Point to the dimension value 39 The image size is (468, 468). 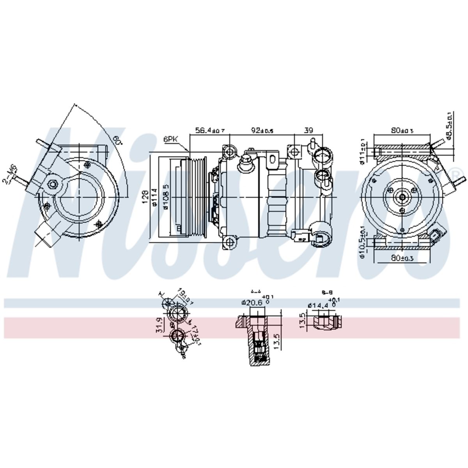tap(308, 130)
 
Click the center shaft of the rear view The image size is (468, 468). tap(402, 197)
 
